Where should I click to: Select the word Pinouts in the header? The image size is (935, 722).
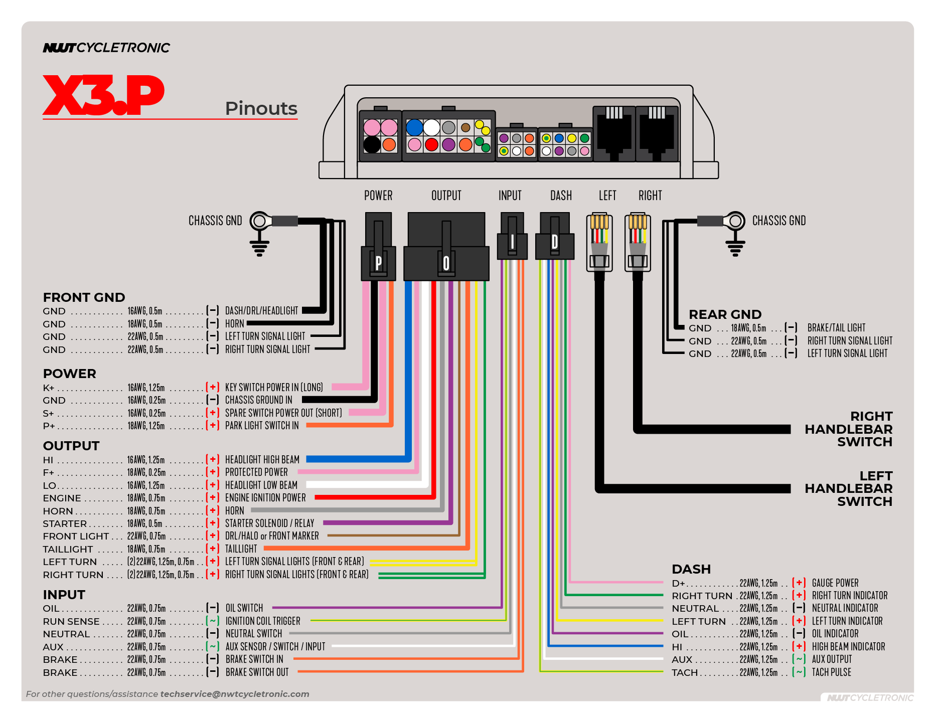click(x=261, y=108)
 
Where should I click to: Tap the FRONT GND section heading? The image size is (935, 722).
click(x=84, y=297)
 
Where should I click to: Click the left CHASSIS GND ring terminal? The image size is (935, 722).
click(x=259, y=221)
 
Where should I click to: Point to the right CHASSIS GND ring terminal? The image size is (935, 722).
click(x=735, y=221)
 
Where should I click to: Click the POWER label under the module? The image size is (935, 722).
click(x=378, y=196)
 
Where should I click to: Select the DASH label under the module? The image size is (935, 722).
click(x=561, y=196)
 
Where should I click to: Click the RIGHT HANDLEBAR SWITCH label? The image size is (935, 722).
click(x=848, y=429)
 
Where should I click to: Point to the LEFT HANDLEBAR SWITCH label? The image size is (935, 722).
click(x=848, y=488)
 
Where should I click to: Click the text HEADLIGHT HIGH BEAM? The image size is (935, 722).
click(x=262, y=460)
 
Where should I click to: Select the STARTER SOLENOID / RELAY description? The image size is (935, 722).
click(x=269, y=523)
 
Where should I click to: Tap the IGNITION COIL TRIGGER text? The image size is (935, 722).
click(x=262, y=621)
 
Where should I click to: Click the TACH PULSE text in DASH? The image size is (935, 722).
click(x=831, y=672)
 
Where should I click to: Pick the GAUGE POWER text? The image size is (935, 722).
click(x=835, y=583)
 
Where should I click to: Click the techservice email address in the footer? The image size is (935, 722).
click(x=234, y=694)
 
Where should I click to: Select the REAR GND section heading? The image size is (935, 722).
click(x=725, y=314)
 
